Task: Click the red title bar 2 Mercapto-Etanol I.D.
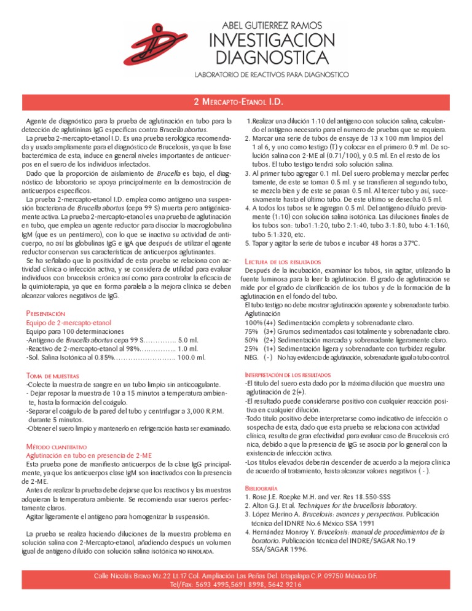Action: (x=236, y=101)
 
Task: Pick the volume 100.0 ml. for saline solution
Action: (x=188, y=357)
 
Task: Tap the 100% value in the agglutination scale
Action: (x=253, y=322)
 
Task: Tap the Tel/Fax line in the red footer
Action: (x=236, y=585)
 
